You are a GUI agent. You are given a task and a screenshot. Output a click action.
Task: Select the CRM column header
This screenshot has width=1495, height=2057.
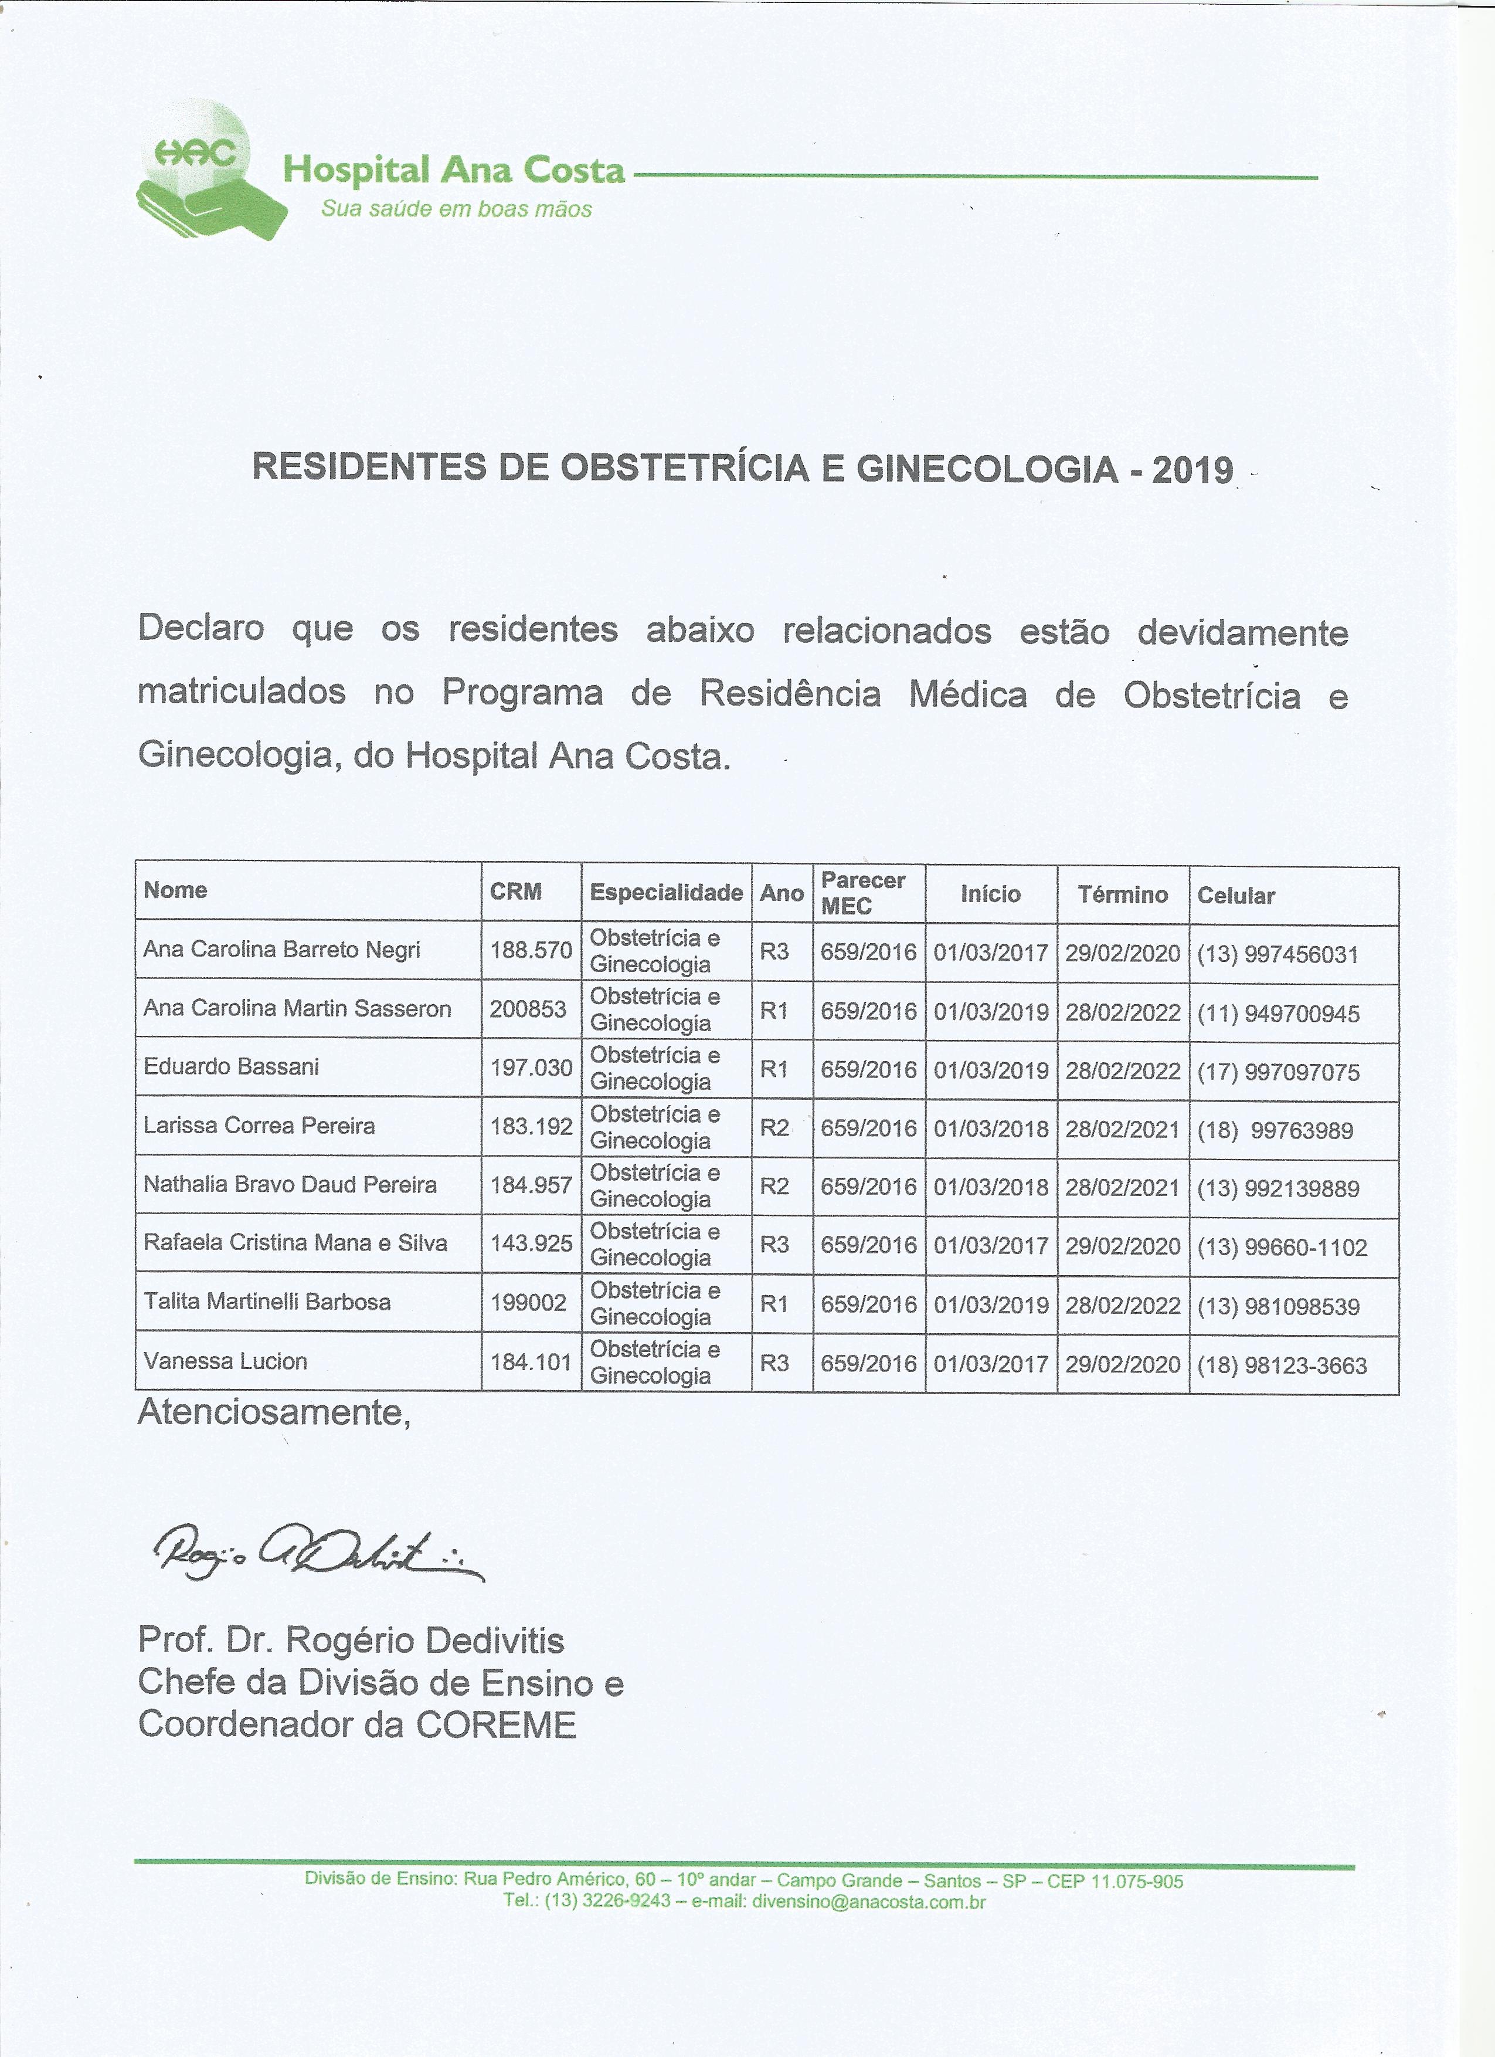point(516,892)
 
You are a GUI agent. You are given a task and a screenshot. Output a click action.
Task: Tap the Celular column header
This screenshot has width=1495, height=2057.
point(1236,896)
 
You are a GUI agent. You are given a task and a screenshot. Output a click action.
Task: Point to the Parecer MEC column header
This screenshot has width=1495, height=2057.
point(862,893)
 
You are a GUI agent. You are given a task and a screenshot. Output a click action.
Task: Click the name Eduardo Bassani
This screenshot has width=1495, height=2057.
point(231,1066)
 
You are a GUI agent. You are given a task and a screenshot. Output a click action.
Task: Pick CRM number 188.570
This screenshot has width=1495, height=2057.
point(531,951)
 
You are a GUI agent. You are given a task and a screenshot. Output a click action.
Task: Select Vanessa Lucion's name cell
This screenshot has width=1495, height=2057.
point(226,1360)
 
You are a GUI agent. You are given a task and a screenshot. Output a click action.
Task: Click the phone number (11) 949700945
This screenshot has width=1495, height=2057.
point(1278,1014)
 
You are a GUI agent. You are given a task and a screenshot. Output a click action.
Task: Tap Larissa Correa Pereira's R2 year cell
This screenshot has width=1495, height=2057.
point(774,1129)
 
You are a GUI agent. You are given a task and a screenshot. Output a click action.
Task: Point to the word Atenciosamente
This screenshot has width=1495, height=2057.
point(274,1413)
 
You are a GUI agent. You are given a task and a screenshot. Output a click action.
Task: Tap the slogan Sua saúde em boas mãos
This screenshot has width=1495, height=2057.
point(456,209)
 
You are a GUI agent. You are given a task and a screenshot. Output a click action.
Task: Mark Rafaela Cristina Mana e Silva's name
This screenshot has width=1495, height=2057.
point(295,1242)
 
